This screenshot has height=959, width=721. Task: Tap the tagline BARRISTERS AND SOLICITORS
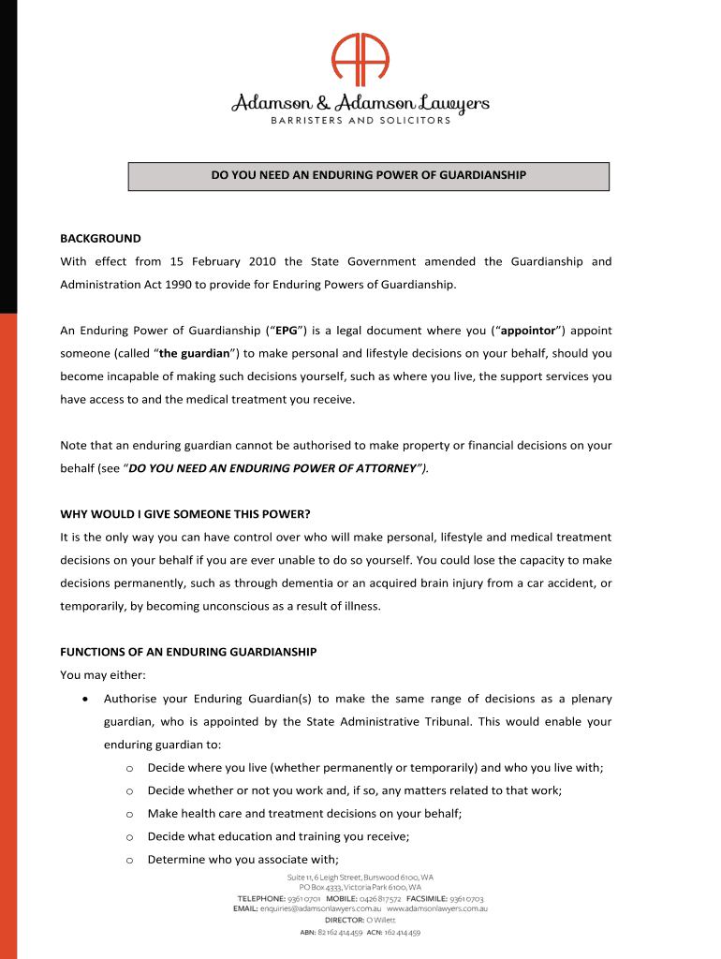click(360, 121)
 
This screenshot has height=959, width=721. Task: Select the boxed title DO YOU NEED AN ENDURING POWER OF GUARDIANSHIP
click(368, 176)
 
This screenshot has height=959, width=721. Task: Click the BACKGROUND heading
click(100, 238)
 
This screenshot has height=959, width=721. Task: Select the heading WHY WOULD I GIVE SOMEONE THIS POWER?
click(184, 514)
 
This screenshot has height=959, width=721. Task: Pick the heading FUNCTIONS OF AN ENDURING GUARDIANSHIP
click(188, 651)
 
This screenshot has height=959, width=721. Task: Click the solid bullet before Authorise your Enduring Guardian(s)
click(85, 699)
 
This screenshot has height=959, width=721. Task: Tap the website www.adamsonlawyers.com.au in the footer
click(437, 908)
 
